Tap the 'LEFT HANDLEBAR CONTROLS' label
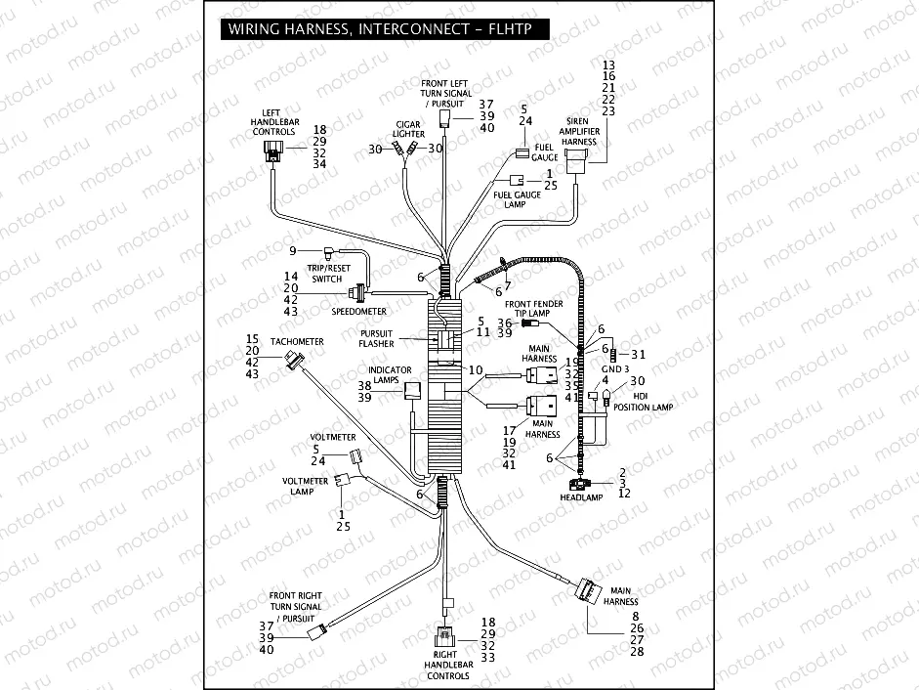[272, 122]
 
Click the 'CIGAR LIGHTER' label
[408, 129]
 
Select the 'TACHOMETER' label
[297, 341]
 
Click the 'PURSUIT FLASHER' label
[376, 338]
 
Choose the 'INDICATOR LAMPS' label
[390, 376]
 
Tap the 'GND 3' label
[615, 369]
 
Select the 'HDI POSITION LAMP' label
[646, 400]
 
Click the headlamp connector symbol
[579, 484]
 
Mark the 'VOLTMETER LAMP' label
[305, 486]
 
